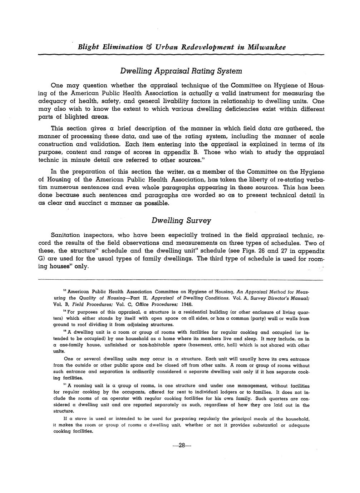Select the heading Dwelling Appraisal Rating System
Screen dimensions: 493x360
181,71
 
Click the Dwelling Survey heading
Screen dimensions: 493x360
181,220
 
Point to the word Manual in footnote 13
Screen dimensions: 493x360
299,298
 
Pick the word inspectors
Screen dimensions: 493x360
96,235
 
